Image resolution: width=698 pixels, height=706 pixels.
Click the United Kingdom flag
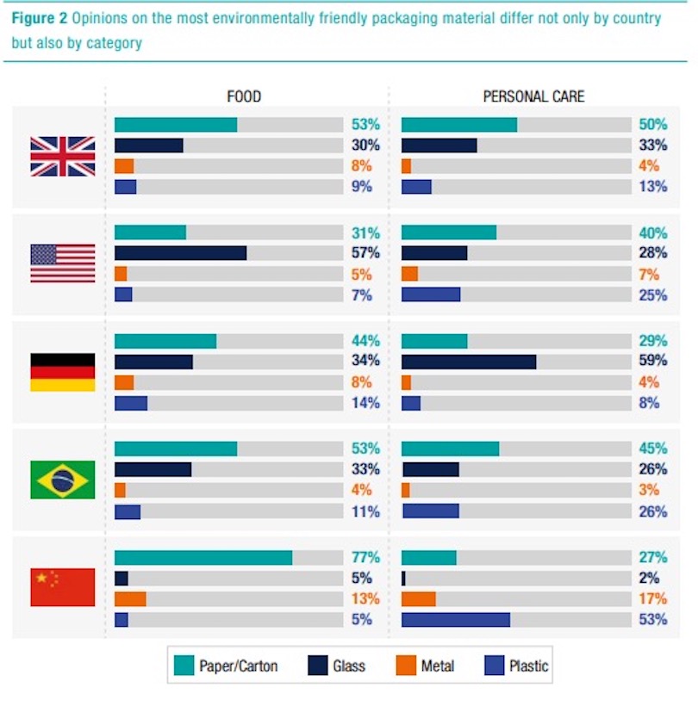pyautogui.click(x=63, y=156)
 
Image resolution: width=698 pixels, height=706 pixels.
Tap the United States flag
pyautogui.click(x=63, y=263)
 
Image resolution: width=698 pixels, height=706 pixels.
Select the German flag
pyautogui.click(x=63, y=372)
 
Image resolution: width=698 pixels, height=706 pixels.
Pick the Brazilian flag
pyautogui.click(x=63, y=480)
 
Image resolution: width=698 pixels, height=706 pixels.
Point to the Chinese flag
pyautogui.click(x=63, y=587)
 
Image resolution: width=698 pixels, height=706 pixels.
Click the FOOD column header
pyautogui.click(x=244, y=96)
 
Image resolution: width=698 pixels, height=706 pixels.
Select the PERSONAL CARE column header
pyautogui.click(x=533, y=96)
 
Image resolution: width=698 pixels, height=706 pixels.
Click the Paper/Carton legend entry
pyautogui.click(x=226, y=666)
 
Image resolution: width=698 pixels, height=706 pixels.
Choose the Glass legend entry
pyautogui.click(x=337, y=666)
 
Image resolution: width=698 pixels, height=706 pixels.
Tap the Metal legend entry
pyautogui.click(x=425, y=666)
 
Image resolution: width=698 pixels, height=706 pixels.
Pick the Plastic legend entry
pyautogui.click(x=517, y=666)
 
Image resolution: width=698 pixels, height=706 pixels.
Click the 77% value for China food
pyautogui.click(x=366, y=557)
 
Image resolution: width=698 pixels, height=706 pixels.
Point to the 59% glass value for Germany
pyautogui.click(x=653, y=361)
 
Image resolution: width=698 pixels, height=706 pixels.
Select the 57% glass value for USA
pyautogui.click(x=366, y=253)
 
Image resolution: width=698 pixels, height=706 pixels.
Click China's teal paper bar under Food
pyautogui.click(x=203, y=558)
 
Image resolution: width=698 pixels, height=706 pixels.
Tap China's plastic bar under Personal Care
pyautogui.click(x=456, y=620)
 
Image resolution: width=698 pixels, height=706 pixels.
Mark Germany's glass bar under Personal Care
pyautogui.click(x=469, y=362)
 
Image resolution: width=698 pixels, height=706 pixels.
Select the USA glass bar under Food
pyautogui.click(x=180, y=253)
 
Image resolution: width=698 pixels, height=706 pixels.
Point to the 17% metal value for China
pyautogui.click(x=653, y=598)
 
